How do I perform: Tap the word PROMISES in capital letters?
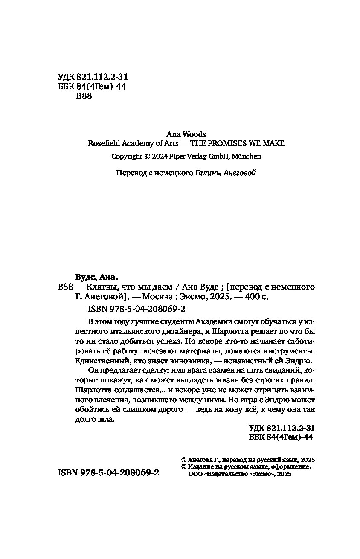point(230,143)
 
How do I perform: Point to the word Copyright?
point(127,156)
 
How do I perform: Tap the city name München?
point(246,156)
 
